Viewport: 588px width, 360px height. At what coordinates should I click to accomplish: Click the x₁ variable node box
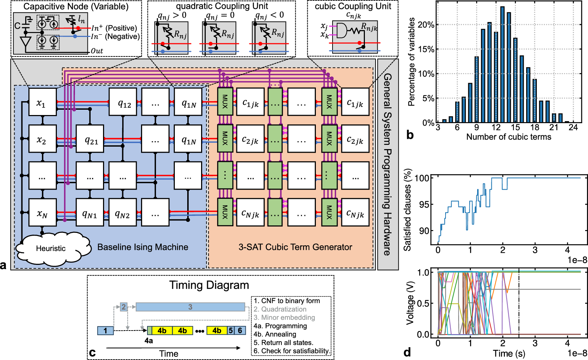coord(42,102)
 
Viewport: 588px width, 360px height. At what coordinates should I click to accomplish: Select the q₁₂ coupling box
coord(123,102)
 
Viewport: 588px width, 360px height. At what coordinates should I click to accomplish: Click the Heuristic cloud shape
coord(51,247)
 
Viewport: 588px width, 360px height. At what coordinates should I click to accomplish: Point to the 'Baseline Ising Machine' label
coord(143,247)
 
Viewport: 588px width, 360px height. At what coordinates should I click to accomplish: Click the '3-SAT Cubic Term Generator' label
coord(295,247)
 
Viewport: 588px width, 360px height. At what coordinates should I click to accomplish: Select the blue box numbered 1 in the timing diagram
coord(105,331)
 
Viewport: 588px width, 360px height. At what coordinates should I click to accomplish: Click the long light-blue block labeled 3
coord(190,307)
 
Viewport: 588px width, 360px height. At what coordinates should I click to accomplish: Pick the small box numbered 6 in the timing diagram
coord(240,331)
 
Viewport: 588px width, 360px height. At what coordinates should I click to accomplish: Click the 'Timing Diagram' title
coord(209,285)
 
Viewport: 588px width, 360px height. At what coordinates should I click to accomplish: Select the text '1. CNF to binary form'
coord(287,301)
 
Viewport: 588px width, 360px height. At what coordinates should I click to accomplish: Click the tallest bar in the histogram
coord(502,64)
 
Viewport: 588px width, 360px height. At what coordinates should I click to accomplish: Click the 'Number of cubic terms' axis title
coord(508,137)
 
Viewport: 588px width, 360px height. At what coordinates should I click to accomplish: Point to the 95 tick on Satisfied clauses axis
coord(424,204)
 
